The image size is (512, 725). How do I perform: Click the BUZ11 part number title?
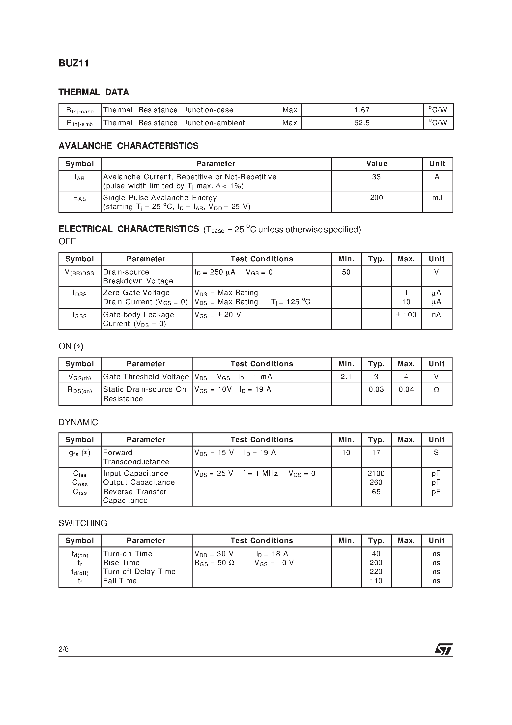[x=74, y=63]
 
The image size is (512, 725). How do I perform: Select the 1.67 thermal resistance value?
[x=362, y=110]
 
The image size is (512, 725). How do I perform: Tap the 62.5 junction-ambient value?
[x=362, y=123]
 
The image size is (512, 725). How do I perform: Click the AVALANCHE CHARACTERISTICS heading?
[x=128, y=146]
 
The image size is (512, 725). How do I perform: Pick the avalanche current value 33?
[x=376, y=177]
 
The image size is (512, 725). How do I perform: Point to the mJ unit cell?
[x=437, y=198]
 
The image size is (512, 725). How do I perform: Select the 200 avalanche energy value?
[x=376, y=198]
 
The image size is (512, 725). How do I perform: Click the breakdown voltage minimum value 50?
[x=346, y=272]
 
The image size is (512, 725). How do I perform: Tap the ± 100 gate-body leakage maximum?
[x=406, y=315]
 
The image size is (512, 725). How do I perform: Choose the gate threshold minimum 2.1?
[x=346, y=377]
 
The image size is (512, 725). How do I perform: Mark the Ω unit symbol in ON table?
[x=436, y=390]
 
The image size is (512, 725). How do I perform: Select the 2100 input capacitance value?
[x=376, y=473]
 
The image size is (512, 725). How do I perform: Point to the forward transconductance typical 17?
[x=376, y=453]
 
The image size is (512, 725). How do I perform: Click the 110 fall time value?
[x=376, y=581]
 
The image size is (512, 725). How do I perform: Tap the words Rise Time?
[x=121, y=563]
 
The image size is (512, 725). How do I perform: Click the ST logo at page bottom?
[x=444, y=649]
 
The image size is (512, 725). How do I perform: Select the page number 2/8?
[x=63, y=649]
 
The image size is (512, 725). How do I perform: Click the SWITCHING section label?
[x=83, y=523]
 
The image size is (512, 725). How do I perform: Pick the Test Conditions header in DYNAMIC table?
[x=261, y=440]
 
